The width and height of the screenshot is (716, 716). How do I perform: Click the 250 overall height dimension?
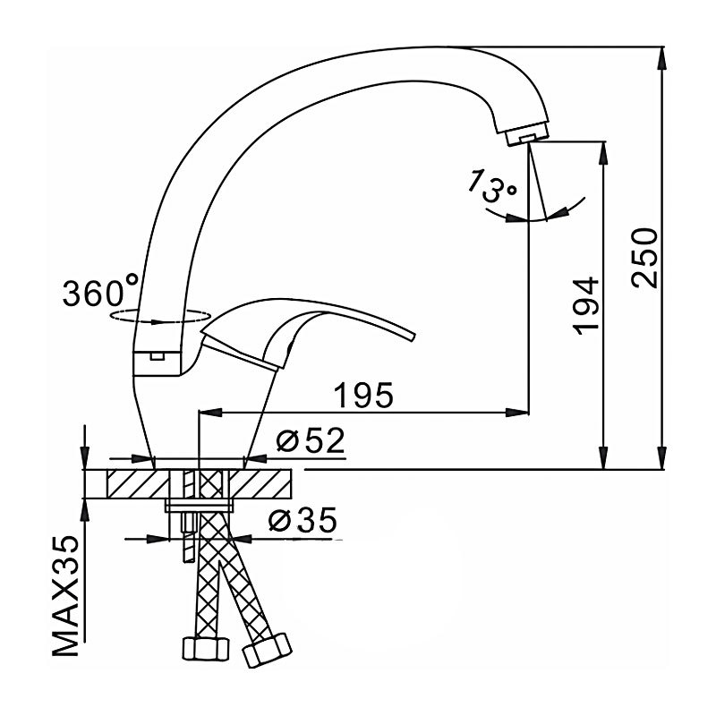click(644, 258)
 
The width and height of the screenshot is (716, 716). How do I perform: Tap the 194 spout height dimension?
click(585, 305)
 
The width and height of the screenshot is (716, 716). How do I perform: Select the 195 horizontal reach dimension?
click(363, 395)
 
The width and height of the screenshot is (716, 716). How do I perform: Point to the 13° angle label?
click(491, 185)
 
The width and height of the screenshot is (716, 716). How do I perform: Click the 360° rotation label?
click(100, 292)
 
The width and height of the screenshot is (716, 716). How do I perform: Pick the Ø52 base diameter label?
click(311, 441)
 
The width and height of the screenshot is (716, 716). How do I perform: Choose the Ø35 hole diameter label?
click(303, 520)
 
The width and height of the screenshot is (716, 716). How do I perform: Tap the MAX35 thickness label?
click(65, 597)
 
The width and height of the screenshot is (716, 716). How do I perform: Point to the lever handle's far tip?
click(413, 337)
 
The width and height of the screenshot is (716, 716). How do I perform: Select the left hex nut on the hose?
click(205, 648)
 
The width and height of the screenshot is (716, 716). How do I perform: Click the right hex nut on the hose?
click(267, 650)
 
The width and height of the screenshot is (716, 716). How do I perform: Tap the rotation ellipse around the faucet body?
click(160, 317)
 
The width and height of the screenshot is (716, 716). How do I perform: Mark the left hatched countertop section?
click(138, 484)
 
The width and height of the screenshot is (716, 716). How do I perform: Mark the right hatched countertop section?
click(260, 484)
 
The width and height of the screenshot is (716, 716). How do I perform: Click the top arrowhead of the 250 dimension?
click(662, 59)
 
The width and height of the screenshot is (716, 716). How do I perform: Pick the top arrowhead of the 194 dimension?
click(603, 153)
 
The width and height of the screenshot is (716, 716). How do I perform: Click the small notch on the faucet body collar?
click(158, 354)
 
